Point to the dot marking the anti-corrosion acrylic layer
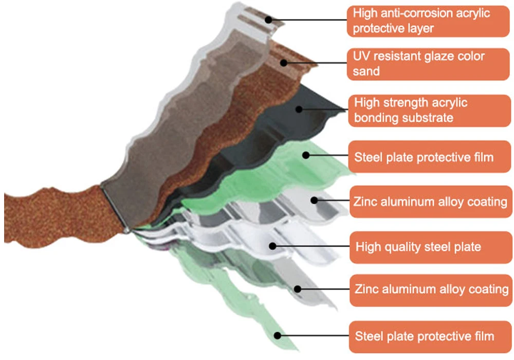268,20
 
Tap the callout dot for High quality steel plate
273,247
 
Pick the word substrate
428,117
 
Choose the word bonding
376,117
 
